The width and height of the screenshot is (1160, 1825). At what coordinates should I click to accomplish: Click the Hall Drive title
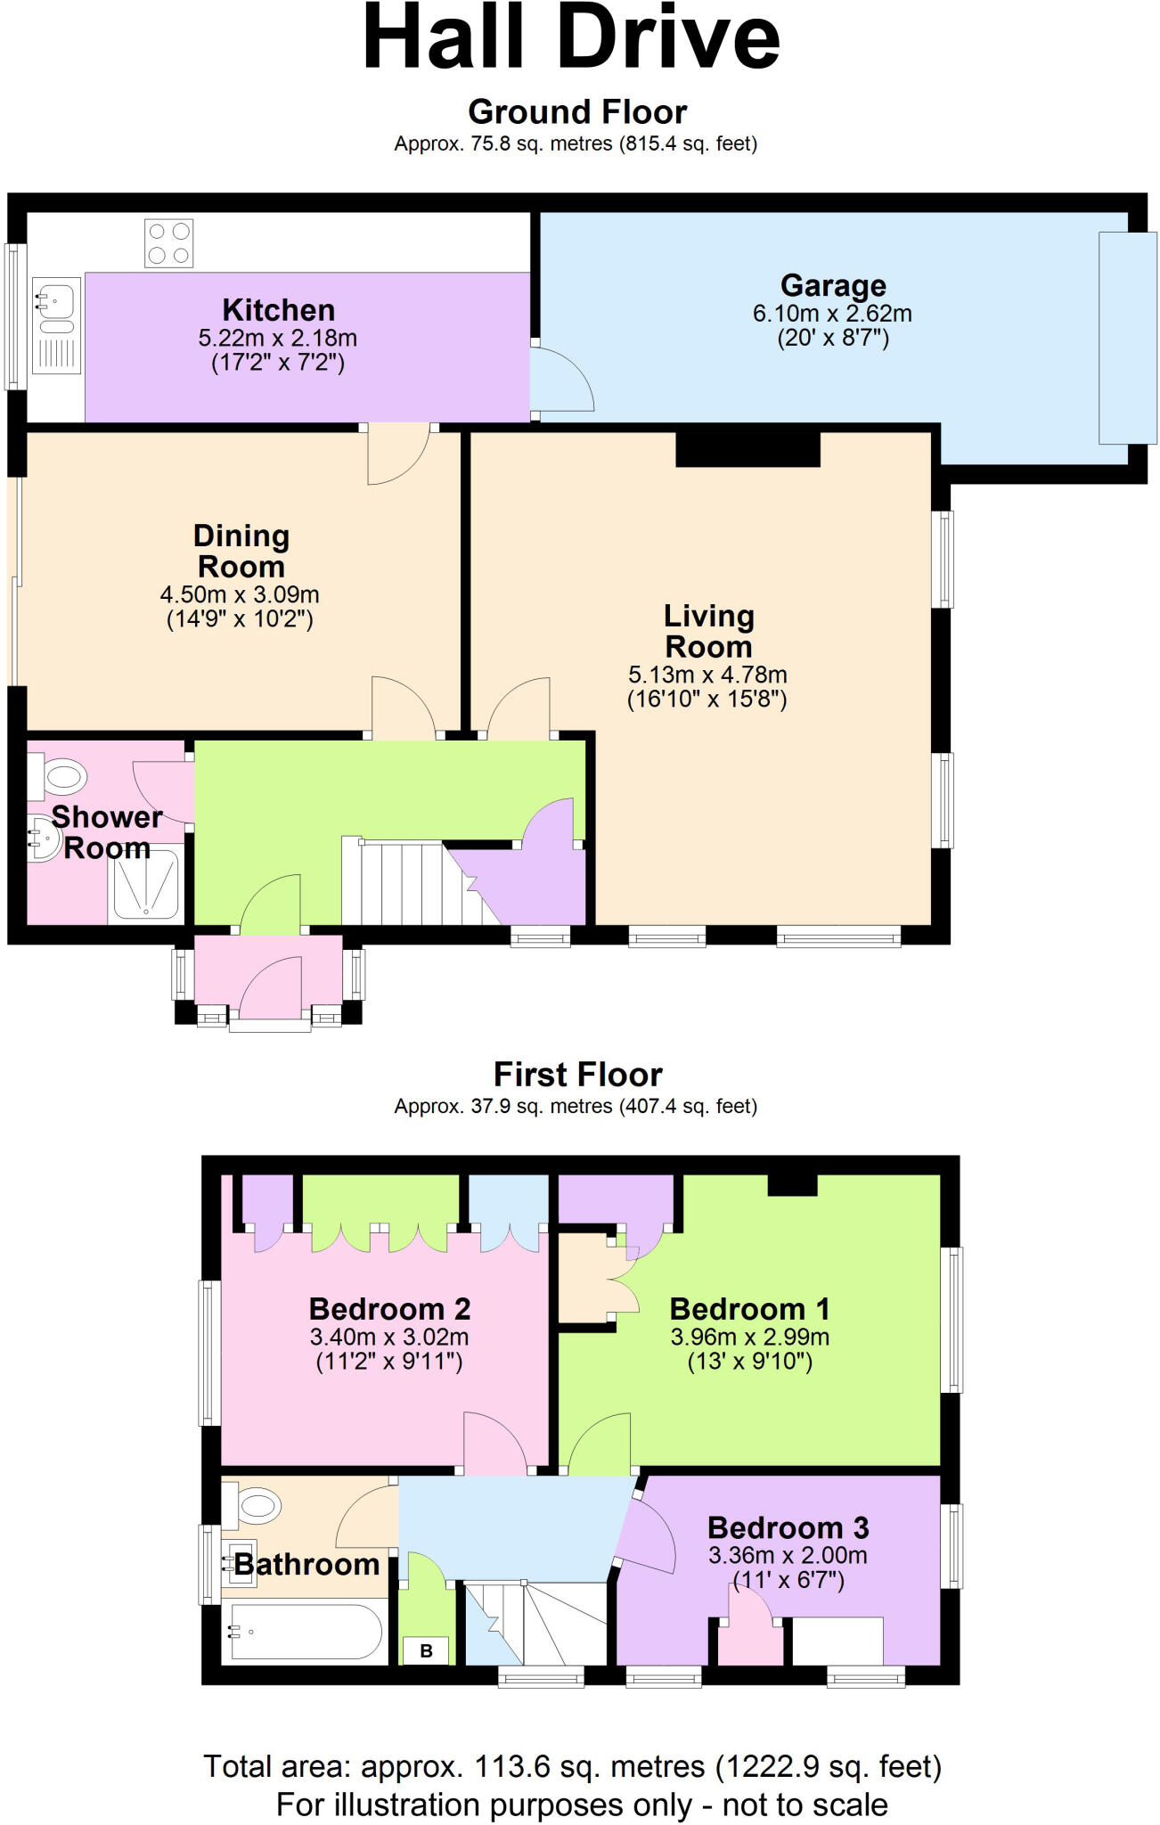[572, 37]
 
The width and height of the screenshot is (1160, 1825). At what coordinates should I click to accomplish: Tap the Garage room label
[833, 285]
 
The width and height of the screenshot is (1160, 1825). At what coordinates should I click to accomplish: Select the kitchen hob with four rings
[168, 243]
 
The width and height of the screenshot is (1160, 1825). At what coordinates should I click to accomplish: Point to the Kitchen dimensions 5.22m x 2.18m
[278, 339]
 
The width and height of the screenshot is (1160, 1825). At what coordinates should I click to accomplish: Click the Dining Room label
[241, 551]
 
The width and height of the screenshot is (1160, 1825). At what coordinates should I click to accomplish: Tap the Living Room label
[709, 631]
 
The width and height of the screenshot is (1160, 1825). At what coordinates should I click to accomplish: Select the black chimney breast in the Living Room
[747, 449]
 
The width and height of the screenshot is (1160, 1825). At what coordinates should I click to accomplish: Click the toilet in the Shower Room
[57, 776]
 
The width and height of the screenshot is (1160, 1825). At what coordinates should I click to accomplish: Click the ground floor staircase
[419, 882]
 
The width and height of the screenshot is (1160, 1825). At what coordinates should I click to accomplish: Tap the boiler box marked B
[426, 1650]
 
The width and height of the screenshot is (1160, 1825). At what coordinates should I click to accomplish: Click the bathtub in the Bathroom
[306, 1632]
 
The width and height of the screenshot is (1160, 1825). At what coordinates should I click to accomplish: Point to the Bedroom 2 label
[389, 1309]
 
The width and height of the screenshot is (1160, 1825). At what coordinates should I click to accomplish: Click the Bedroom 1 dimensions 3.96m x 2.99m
[750, 1338]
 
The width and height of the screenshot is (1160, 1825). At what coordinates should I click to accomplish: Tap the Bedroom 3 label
[788, 1528]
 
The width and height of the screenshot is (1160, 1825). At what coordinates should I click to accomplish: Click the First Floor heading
[578, 1075]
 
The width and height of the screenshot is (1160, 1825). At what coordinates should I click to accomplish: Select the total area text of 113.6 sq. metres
[573, 1766]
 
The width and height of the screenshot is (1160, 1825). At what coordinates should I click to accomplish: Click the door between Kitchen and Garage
[562, 379]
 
